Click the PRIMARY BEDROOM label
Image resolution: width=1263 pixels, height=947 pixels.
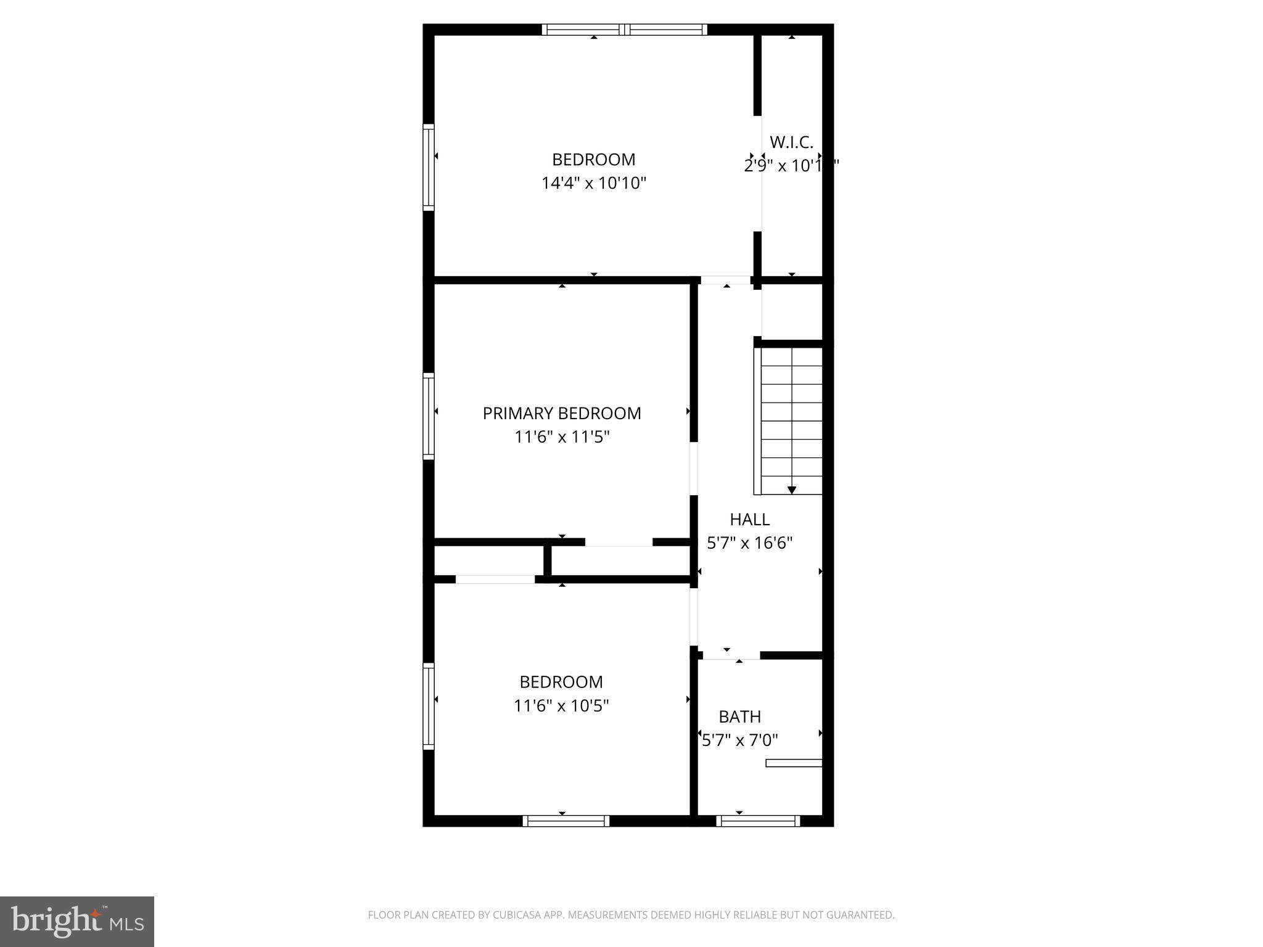(561, 413)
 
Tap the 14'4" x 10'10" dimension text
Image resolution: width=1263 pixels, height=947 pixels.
(593, 183)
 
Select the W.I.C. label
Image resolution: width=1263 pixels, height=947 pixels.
(791, 142)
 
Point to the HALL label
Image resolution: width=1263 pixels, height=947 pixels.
(749, 519)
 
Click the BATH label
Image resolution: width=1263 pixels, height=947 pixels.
(739, 716)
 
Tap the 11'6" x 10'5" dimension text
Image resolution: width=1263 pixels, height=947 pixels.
(561, 705)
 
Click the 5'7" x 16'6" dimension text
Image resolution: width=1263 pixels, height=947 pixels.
(749, 543)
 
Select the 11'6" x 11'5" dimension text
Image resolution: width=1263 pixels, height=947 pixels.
(562, 437)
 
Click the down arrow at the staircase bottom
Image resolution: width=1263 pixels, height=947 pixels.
(792, 490)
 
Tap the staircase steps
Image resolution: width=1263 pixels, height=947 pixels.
(792, 419)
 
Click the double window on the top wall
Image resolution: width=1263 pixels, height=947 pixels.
(624, 30)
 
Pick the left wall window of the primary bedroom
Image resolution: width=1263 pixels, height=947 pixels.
(429, 416)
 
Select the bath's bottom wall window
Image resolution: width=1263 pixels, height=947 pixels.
(758, 821)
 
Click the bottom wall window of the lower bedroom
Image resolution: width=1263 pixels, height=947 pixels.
(566, 821)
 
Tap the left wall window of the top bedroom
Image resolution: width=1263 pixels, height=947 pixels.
(429, 167)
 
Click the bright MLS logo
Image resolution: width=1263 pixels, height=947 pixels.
(77, 921)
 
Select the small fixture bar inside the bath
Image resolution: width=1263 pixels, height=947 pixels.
(794, 763)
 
